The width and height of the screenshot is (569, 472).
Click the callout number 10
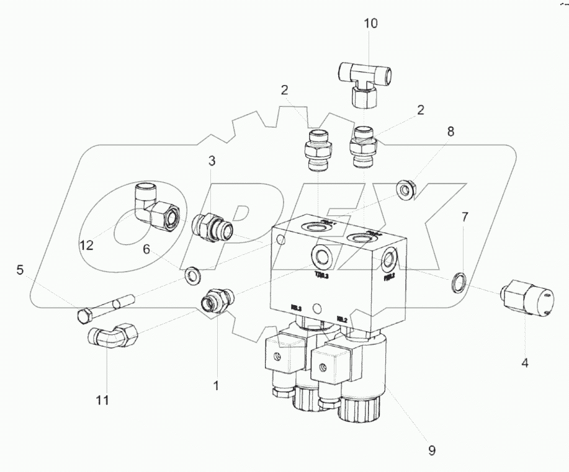370,24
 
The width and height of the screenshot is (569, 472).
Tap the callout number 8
450,131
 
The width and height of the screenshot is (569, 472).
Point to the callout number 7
464,217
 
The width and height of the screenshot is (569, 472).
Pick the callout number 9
432,451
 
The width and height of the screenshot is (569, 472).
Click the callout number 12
86,246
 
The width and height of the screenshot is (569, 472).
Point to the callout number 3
212,161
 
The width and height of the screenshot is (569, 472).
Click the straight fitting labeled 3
212,225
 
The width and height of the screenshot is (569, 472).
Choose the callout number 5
20,270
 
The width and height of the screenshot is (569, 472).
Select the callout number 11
102,400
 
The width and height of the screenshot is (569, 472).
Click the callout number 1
216,386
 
